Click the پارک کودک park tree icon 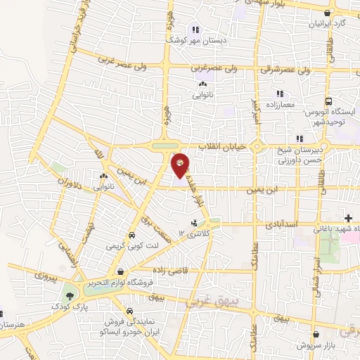pos(70,295)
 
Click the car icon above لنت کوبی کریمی pos(131,236)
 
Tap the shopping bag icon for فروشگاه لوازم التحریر pos(121,272)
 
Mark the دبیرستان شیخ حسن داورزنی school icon pos(300,138)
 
